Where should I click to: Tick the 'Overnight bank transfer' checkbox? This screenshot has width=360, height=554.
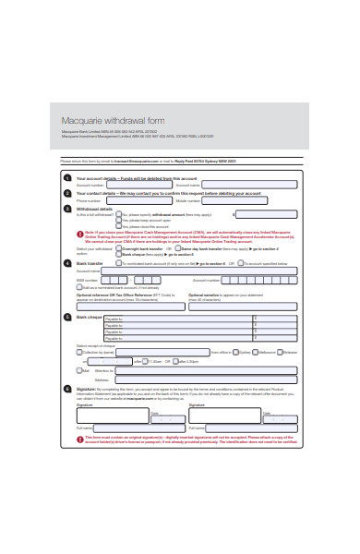point(120,248)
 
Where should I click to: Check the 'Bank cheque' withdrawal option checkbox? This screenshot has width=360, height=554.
point(120,254)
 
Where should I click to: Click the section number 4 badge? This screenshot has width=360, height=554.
point(66,263)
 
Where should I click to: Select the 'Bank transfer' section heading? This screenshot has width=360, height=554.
point(90,263)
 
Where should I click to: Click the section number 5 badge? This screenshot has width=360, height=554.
point(66,317)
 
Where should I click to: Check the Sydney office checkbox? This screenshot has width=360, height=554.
point(235,352)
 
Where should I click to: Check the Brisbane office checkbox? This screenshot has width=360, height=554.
point(282,352)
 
